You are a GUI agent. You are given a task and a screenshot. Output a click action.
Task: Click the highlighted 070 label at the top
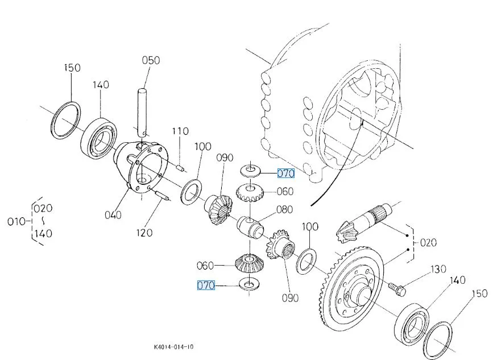[285, 173]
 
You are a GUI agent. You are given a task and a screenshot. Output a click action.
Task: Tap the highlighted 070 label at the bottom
[206, 285]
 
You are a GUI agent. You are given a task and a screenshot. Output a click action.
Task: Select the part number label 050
[151, 60]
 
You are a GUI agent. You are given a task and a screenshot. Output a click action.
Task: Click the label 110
[180, 131]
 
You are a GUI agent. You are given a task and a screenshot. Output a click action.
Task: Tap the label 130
[438, 268]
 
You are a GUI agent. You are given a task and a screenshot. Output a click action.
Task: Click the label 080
[284, 209]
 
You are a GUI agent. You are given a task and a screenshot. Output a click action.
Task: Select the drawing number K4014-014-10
[173, 346]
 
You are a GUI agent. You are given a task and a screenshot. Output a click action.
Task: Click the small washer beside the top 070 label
[250, 170]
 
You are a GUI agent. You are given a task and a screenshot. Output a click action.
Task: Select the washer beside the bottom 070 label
[247, 283]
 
